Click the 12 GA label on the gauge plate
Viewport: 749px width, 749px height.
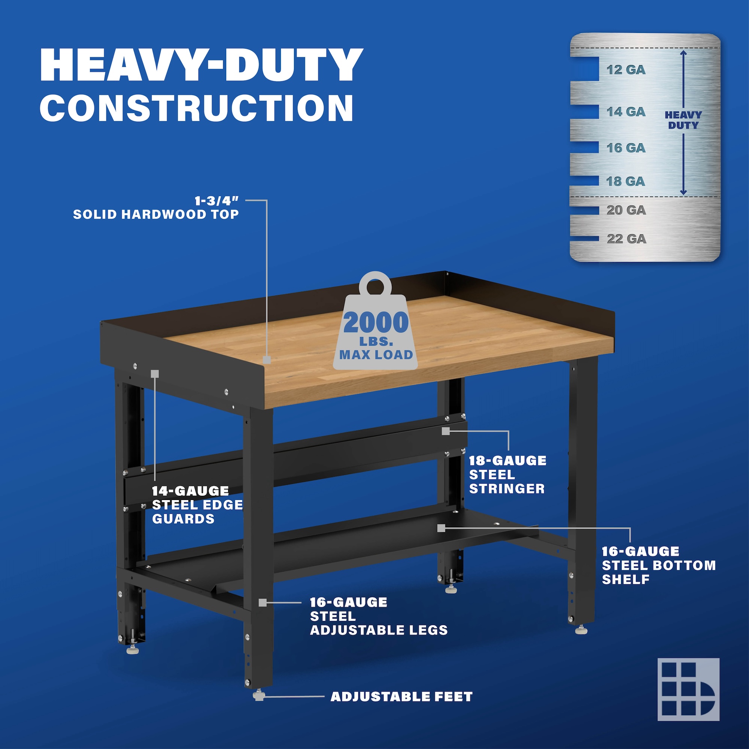point(626,70)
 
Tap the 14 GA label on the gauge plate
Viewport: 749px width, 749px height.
point(626,112)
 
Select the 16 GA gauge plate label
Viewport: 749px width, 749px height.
point(626,148)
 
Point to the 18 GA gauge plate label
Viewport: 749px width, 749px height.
point(625,181)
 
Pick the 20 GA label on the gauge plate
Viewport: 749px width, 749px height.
point(626,210)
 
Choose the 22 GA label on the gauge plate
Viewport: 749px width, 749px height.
point(627,239)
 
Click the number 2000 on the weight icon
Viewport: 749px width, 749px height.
point(376,322)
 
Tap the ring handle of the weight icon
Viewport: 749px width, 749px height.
point(375,283)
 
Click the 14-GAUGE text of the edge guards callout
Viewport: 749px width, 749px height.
point(190,491)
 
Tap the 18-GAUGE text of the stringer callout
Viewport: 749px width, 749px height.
point(507,461)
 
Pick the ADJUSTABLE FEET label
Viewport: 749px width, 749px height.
point(401,697)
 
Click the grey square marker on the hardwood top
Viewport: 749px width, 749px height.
point(267,360)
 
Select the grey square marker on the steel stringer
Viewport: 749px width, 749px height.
point(446,431)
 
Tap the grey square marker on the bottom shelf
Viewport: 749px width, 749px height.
point(441,528)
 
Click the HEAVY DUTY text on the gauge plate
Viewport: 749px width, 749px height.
point(683,120)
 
